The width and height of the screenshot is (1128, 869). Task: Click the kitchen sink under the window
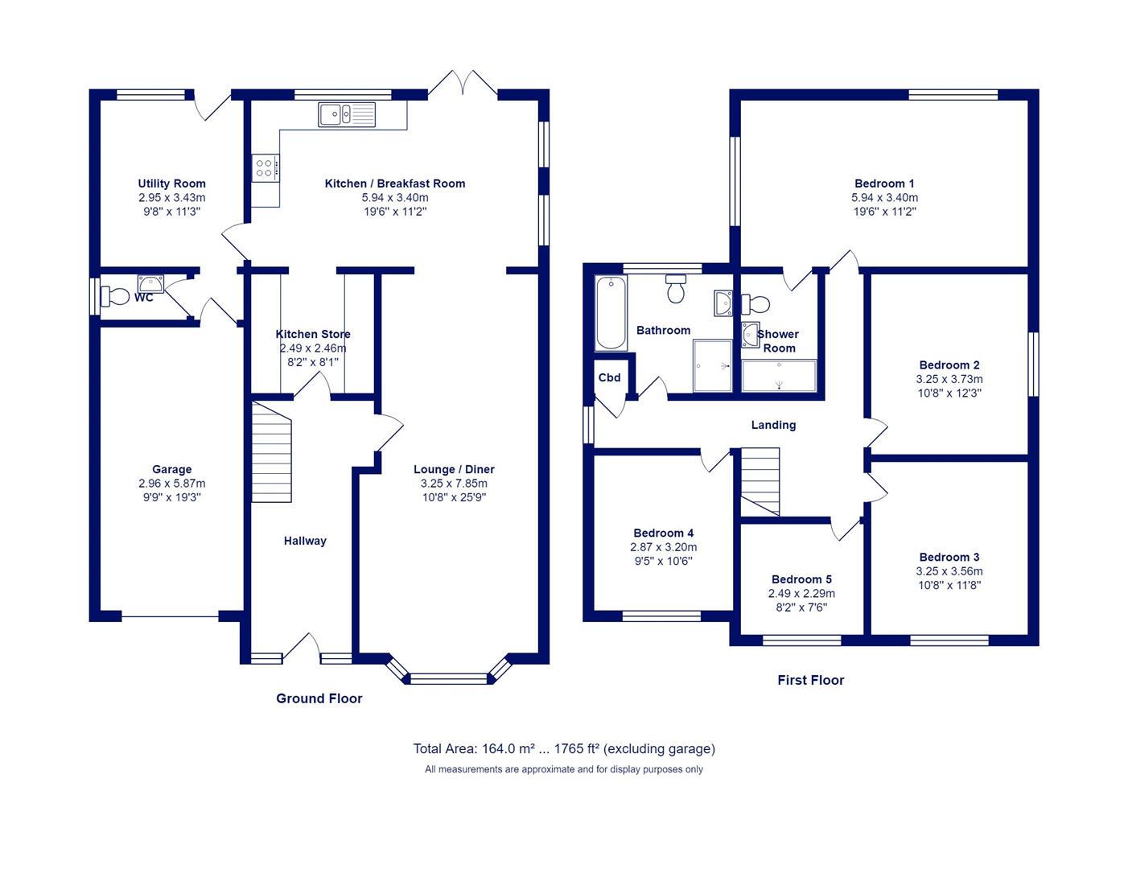(x=347, y=114)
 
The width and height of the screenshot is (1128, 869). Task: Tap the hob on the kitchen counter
(x=266, y=167)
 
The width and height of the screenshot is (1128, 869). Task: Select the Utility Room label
(x=172, y=183)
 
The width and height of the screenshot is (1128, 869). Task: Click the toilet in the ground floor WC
(x=115, y=296)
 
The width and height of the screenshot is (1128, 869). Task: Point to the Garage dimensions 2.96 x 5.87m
(x=172, y=484)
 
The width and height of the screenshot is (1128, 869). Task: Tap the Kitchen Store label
(x=313, y=334)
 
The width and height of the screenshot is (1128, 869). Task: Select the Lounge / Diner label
(x=455, y=469)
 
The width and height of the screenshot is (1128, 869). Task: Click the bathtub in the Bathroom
(x=611, y=313)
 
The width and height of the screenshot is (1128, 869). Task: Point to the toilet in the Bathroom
(x=676, y=289)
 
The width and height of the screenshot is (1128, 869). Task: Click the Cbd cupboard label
(x=609, y=377)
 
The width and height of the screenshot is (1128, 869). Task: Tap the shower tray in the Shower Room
(x=779, y=376)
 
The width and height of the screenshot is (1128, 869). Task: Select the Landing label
(x=773, y=425)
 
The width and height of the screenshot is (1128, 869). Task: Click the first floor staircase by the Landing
(x=760, y=481)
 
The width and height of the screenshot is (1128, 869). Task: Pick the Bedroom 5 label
(x=801, y=579)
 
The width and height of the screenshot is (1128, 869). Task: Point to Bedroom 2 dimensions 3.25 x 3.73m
(x=949, y=379)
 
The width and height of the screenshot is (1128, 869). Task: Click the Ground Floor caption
(x=319, y=698)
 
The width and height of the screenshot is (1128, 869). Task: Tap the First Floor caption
(x=811, y=680)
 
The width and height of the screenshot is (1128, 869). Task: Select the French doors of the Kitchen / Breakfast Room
(x=463, y=83)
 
